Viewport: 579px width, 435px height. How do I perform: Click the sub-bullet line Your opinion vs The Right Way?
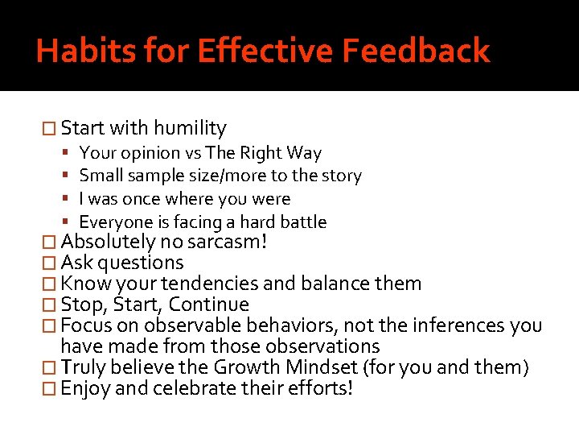click(x=200, y=153)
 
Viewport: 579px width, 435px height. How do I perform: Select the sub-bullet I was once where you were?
click(x=185, y=199)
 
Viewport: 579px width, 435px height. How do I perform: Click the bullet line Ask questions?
click(x=122, y=263)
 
